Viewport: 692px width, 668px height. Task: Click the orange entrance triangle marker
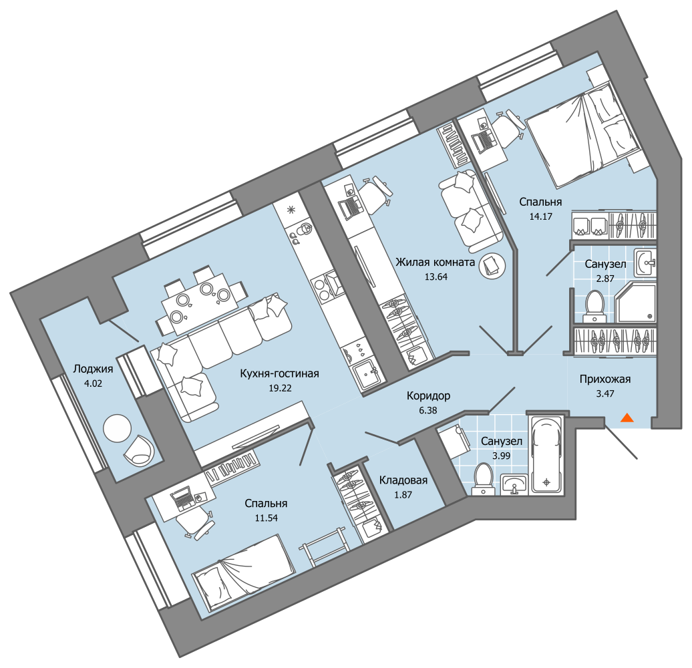point(627,417)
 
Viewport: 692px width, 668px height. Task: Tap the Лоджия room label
point(93,369)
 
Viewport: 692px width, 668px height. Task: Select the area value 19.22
point(281,388)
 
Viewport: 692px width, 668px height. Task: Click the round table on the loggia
point(117,428)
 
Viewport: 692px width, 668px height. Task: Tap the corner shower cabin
point(635,303)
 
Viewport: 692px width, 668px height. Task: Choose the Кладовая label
point(403,480)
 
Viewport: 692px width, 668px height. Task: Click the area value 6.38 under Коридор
point(428,410)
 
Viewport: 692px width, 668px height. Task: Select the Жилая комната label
point(435,262)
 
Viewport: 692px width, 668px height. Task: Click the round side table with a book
point(492,266)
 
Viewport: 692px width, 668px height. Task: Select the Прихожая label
point(605,379)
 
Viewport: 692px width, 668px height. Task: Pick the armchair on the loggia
point(140,450)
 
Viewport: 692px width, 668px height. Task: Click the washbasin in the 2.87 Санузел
point(645,263)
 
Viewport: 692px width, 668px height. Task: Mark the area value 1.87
point(403,494)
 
